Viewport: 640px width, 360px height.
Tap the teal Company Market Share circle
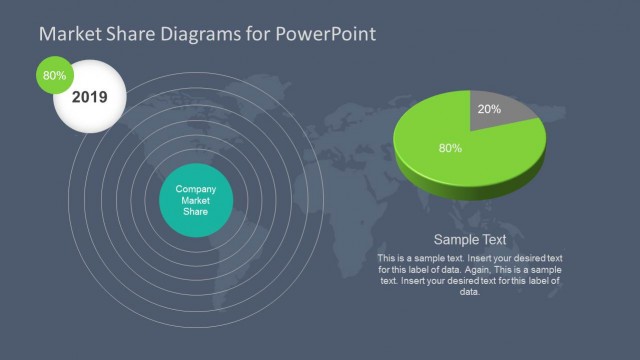196,200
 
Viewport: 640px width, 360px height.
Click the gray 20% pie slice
499,111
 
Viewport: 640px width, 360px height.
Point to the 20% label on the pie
490,108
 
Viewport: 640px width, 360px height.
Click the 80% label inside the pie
450,148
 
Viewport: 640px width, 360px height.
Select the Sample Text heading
470,240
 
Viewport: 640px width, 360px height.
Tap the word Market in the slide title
67,34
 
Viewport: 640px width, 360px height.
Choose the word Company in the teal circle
196,189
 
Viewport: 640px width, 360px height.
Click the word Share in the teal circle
196,212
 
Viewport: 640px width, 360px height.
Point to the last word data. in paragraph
470,292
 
